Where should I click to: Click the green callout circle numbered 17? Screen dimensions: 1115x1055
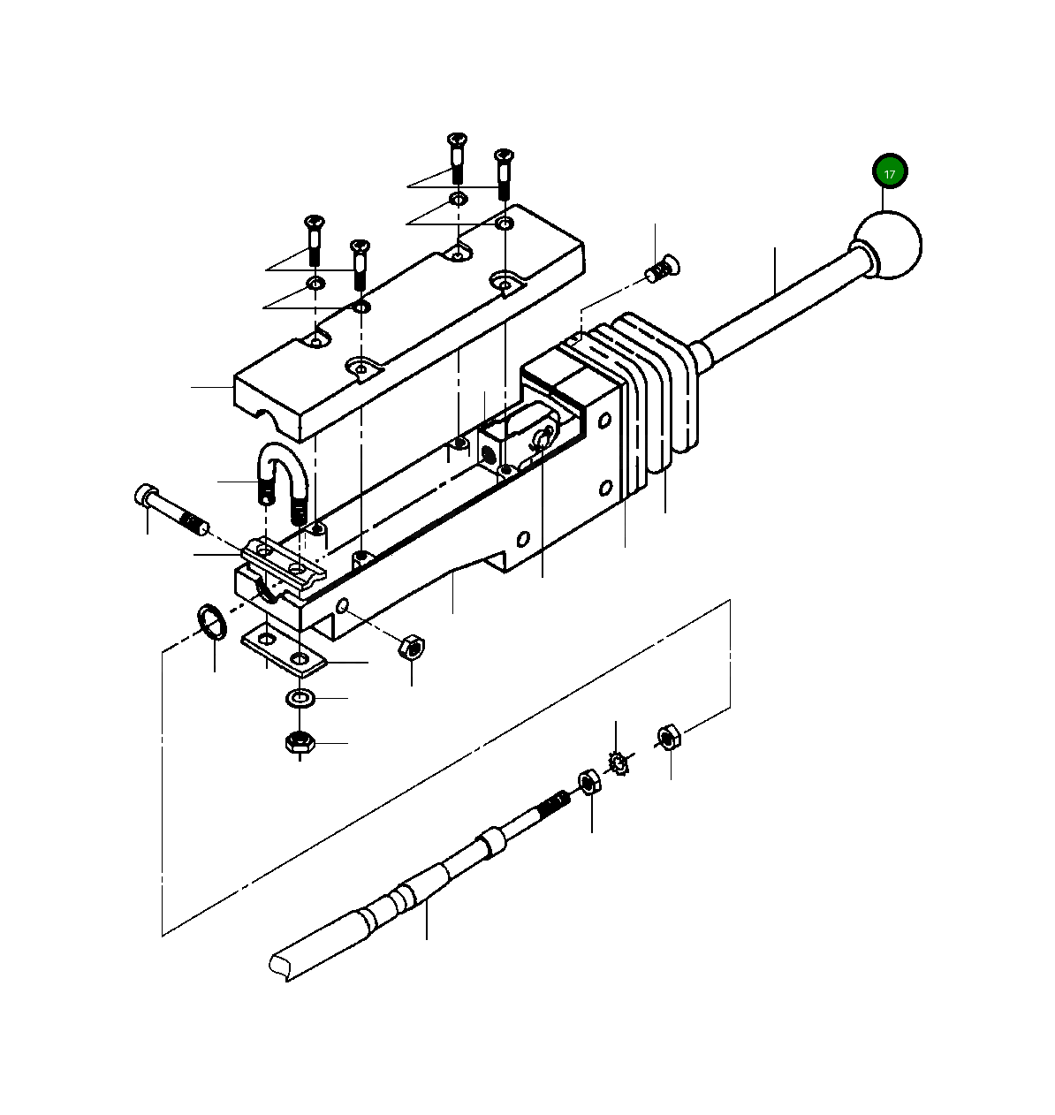[x=890, y=172]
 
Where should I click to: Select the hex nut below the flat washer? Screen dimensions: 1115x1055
[x=300, y=742]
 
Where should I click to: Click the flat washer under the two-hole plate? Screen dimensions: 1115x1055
[x=301, y=699]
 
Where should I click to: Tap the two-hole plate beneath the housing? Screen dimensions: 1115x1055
[x=283, y=649]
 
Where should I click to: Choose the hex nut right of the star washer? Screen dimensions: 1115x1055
[x=669, y=736]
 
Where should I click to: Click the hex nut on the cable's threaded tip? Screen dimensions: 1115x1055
[x=589, y=782]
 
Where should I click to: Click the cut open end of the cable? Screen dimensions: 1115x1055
[x=281, y=963]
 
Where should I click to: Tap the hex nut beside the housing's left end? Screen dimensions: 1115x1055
[x=411, y=646]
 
